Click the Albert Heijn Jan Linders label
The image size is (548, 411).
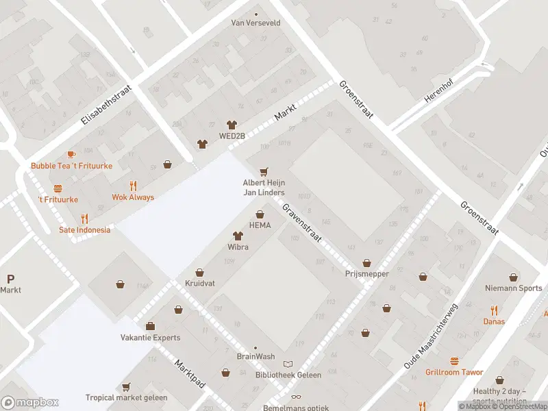[x=264, y=188]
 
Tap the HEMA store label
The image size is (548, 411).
[x=260, y=225]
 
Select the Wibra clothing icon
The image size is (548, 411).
[x=238, y=235]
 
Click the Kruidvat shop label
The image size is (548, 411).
[x=199, y=283]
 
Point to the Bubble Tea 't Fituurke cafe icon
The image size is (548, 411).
[x=71, y=155]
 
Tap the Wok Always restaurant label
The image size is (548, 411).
[x=133, y=197]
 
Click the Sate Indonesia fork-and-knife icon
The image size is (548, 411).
[x=85, y=219]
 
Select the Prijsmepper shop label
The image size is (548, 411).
[x=366, y=274]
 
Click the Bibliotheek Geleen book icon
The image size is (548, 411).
[x=288, y=363]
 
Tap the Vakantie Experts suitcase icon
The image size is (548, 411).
[x=150, y=326]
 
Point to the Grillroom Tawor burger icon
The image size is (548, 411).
[x=453, y=361]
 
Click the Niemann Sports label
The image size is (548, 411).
[x=513, y=288]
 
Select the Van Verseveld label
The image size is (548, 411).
[x=256, y=23]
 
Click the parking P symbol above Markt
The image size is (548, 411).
[x=10, y=279]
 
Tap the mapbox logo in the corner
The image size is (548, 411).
[x=30, y=403]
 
